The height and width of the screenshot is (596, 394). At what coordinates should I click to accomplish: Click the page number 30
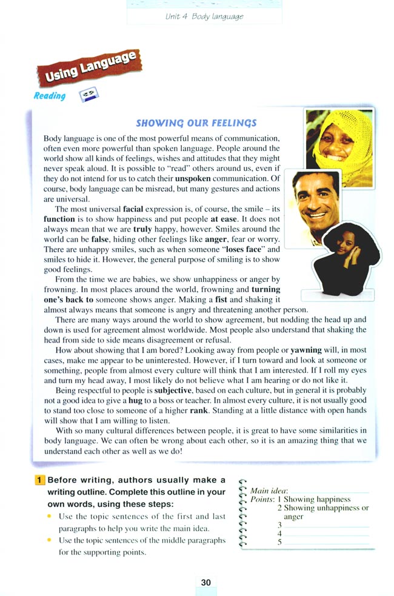click(x=206, y=583)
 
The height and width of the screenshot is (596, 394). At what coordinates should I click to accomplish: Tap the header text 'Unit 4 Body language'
click(x=204, y=16)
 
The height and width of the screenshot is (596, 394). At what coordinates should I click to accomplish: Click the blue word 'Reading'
click(x=50, y=96)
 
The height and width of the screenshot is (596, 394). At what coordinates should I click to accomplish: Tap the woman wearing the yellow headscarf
click(x=337, y=140)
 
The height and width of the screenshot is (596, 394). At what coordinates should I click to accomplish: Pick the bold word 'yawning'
click(x=307, y=350)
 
